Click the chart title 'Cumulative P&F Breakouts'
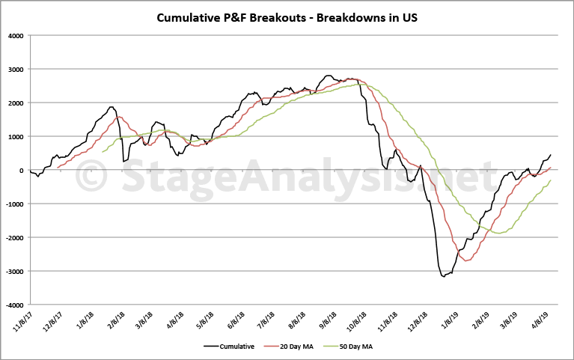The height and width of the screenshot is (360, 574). (x=287, y=17)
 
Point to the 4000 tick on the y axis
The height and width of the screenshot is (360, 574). (x=15, y=35)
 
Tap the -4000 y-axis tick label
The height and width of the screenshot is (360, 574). (x=13, y=305)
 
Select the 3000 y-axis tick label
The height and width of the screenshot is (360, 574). (x=15, y=69)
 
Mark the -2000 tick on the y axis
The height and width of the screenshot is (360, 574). (x=13, y=238)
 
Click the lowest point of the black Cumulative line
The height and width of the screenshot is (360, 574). (x=444, y=276)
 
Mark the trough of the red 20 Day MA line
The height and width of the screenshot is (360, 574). (x=466, y=260)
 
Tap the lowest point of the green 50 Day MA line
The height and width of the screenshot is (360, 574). (x=498, y=234)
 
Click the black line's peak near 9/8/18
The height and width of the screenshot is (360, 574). (x=329, y=76)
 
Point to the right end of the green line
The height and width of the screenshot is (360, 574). (x=551, y=180)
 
